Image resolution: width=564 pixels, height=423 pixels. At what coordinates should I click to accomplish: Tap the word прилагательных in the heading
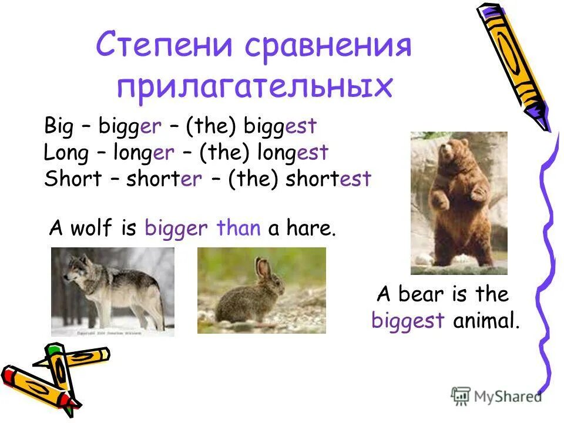tap(254, 87)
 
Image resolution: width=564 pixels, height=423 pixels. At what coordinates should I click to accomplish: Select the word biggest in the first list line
tap(281, 126)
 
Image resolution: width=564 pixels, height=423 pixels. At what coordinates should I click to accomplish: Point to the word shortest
tap(328, 179)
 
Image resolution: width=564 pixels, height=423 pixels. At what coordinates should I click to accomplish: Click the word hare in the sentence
tap(310, 228)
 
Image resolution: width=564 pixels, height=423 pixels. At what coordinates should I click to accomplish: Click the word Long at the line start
tap(66, 153)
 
